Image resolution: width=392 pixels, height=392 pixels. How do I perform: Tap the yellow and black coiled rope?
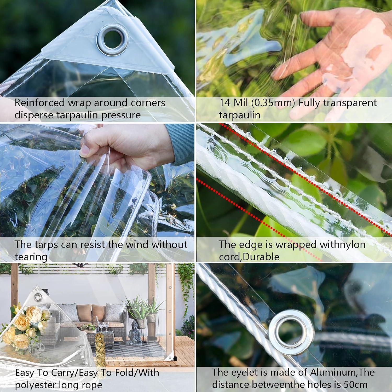(100, 348)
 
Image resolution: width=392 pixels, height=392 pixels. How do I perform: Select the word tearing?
(31, 257)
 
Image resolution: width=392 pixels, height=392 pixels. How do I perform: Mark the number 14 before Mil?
(225, 103)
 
